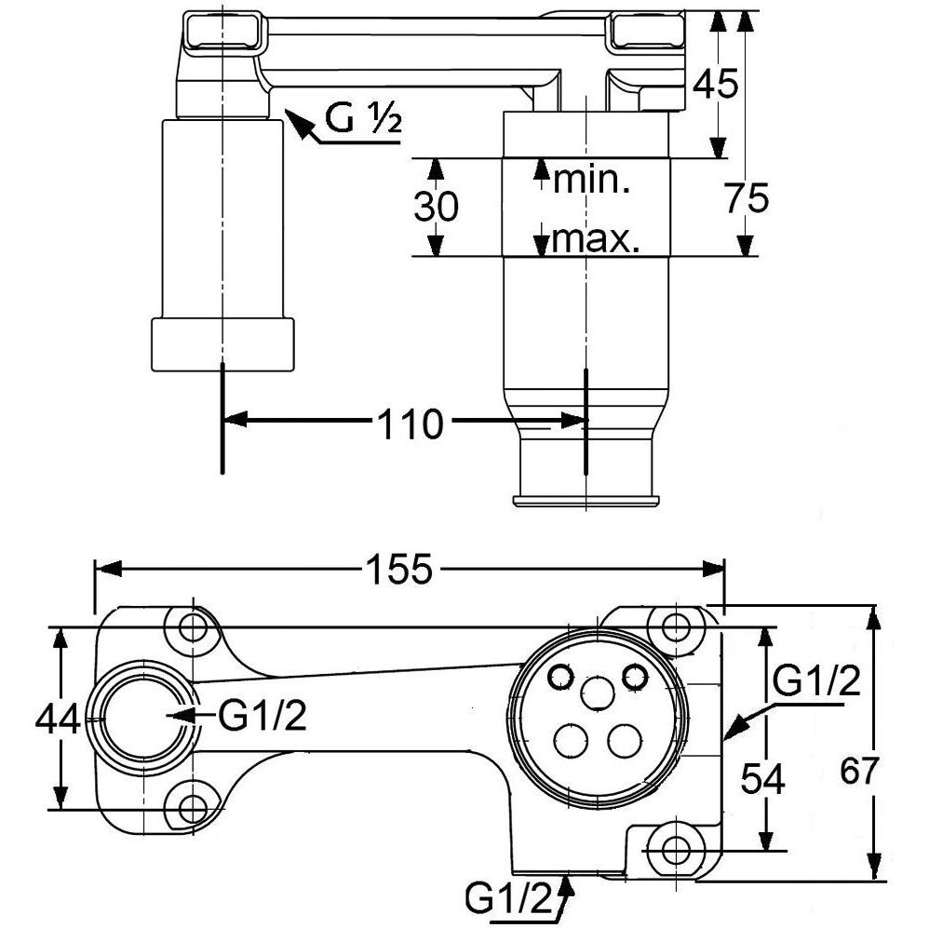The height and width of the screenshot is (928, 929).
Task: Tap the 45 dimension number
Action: tap(717, 84)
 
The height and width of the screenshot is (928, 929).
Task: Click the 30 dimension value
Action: tap(436, 207)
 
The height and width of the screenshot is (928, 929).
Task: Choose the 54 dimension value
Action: tap(762, 778)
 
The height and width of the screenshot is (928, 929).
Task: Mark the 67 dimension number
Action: tap(859, 772)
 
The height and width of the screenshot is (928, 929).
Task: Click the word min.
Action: tap(593, 180)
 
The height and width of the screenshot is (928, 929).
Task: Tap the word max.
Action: tap(595, 242)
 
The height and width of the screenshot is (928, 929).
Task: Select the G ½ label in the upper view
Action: tap(362, 119)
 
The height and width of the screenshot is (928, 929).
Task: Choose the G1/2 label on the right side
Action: tap(816, 682)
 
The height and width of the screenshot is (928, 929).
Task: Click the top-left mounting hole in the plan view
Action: tap(194, 625)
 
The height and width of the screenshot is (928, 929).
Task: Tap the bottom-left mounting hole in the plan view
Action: tap(194, 806)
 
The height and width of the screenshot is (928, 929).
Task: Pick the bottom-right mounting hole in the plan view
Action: tap(677, 847)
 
